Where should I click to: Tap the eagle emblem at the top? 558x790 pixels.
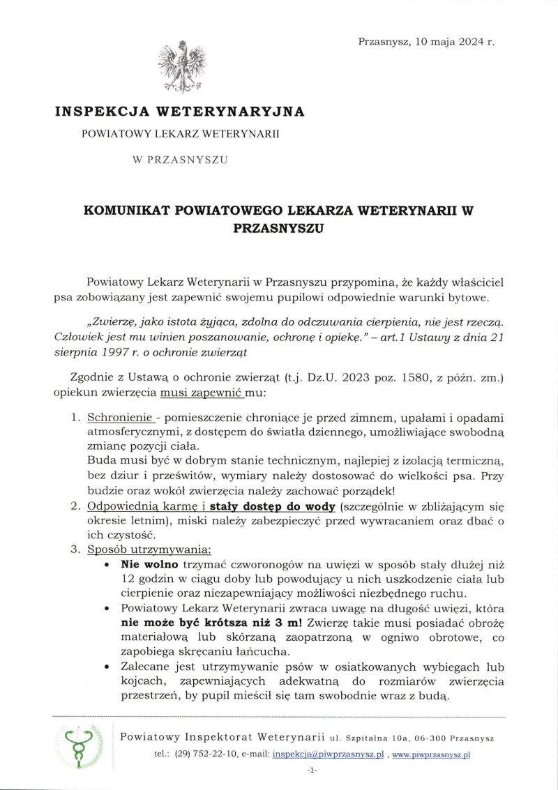click(x=181, y=68)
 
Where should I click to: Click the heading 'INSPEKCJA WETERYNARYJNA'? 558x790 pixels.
click(x=180, y=111)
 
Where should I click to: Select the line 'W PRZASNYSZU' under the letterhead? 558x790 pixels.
click(x=180, y=160)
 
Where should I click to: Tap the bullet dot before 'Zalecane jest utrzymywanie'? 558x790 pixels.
click(x=105, y=667)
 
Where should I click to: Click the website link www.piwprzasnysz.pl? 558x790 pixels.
click(x=431, y=754)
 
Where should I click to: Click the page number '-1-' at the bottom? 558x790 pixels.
click(x=312, y=770)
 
